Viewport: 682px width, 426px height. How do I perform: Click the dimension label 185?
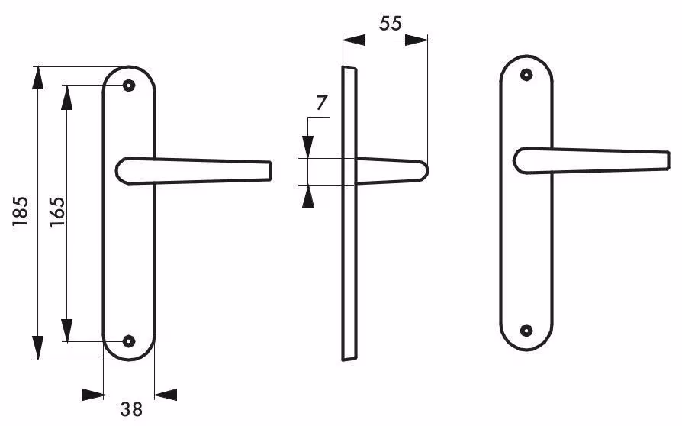[x=21, y=211]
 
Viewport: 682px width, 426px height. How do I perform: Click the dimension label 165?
[x=56, y=211]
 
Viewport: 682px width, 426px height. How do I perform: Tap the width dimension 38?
[x=131, y=409]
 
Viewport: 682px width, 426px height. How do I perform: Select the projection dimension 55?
[x=390, y=23]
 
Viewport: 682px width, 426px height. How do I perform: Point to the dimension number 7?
[x=321, y=103]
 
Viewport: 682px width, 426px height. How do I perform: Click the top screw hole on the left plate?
[x=128, y=86]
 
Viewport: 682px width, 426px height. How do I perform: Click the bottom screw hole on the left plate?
[x=128, y=341]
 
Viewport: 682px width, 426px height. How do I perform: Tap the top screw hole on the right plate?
[x=526, y=75]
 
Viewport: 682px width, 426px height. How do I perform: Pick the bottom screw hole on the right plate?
[x=526, y=331]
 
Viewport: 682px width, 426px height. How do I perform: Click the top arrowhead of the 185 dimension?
[x=38, y=78]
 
